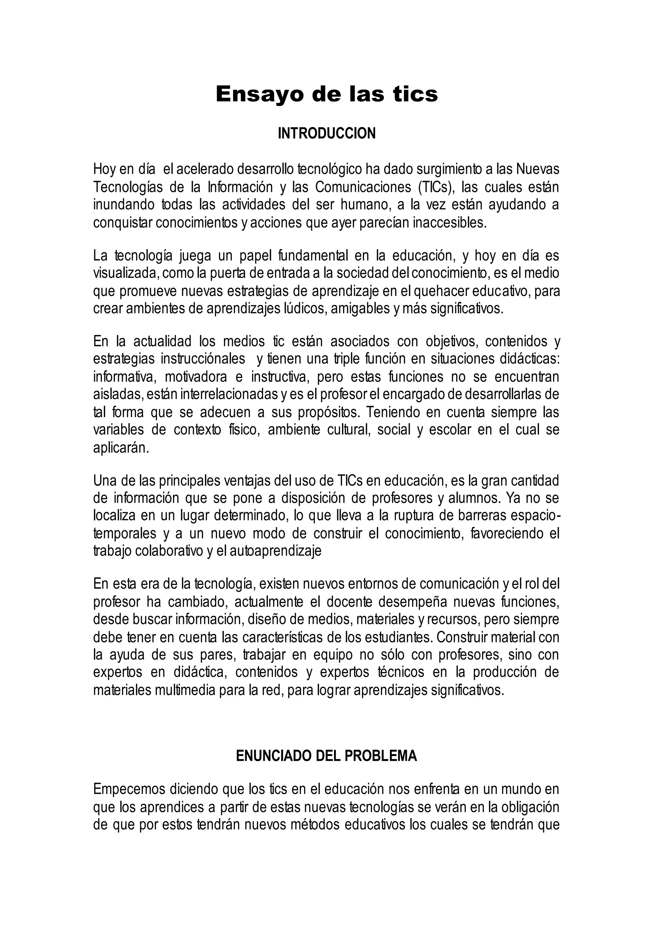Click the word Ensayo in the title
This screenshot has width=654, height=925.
tap(258, 95)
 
